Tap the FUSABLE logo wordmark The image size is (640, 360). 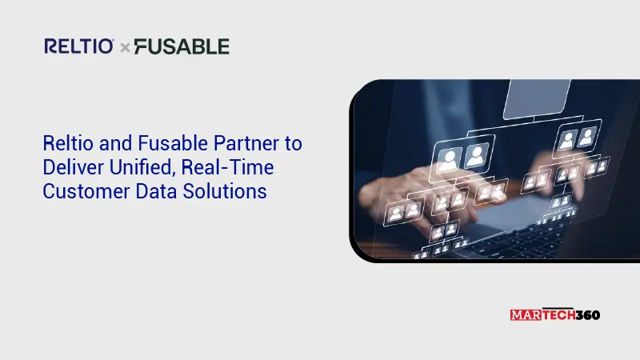181,46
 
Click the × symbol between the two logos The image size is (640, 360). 125,48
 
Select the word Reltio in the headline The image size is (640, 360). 64,144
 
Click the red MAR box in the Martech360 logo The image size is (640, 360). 524,314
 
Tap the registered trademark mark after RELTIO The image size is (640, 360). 116,41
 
